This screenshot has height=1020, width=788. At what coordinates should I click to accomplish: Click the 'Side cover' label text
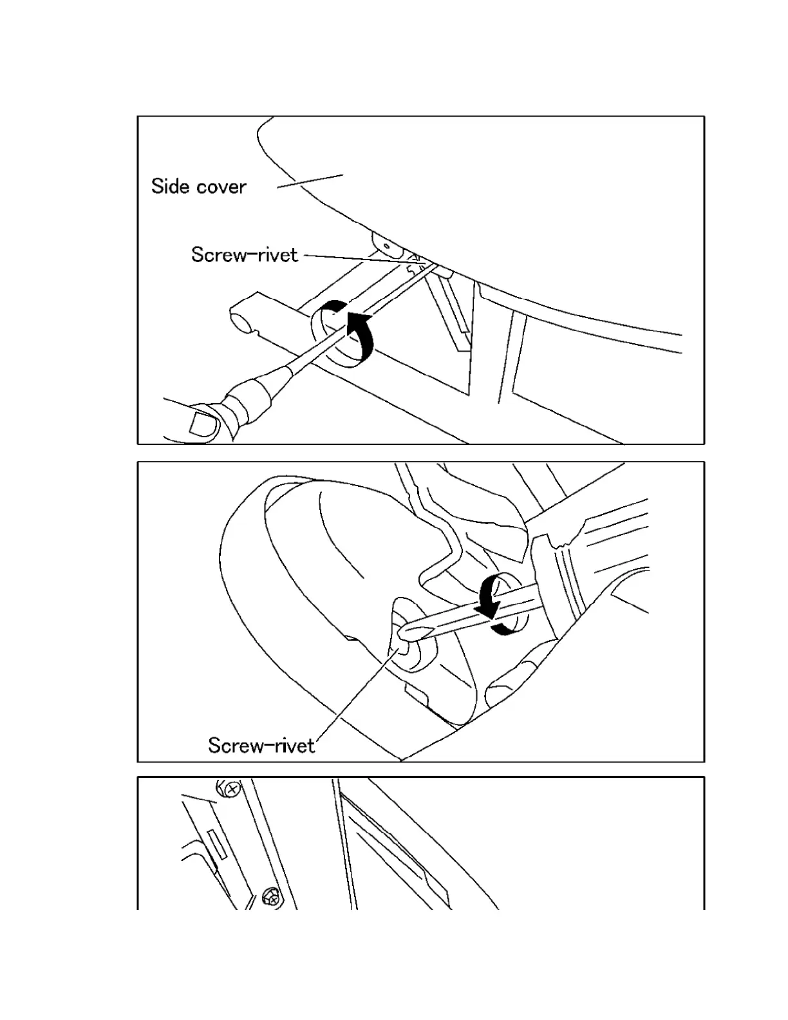pyautogui.click(x=198, y=187)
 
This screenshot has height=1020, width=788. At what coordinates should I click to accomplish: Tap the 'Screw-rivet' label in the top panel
pyautogui.click(x=245, y=255)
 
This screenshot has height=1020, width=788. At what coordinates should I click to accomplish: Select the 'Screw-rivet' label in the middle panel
pyautogui.click(x=261, y=746)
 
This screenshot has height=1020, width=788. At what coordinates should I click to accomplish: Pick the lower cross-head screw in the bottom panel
pyautogui.click(x=272, y=896)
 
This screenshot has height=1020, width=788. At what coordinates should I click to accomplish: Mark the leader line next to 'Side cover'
pyautogui.click(x=310, y=181)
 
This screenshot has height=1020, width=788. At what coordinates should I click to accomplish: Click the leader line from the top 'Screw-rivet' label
pyautogui.click(x=354, y=258)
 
